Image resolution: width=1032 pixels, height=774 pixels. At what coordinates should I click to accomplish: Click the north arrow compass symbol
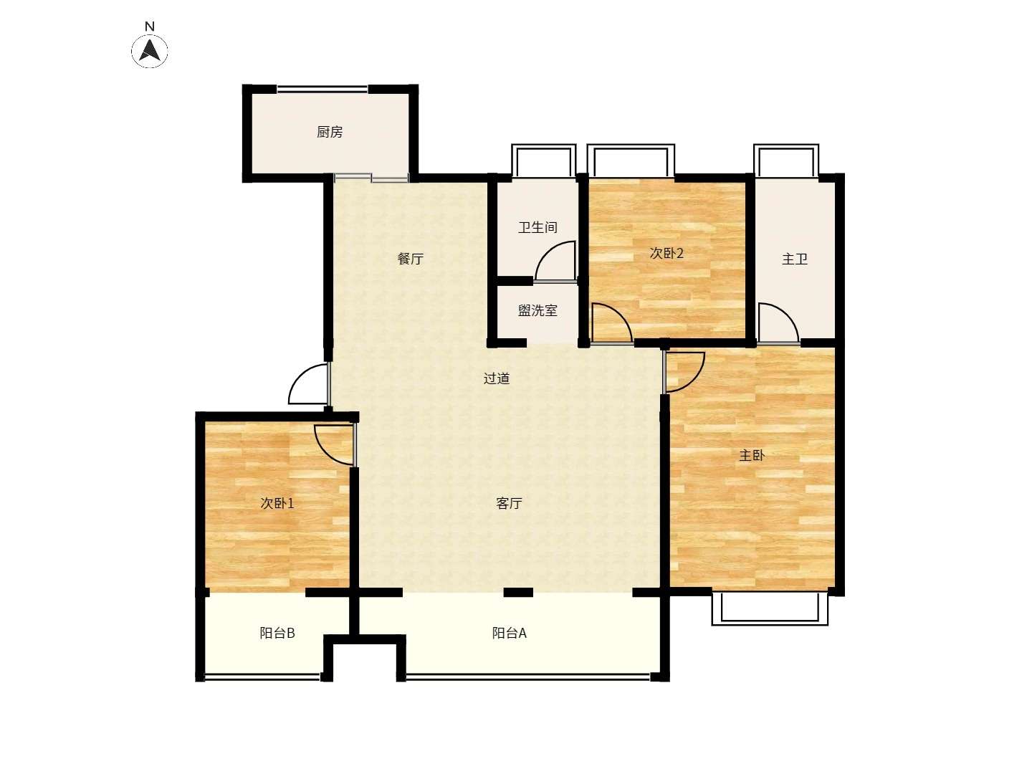(149, 51)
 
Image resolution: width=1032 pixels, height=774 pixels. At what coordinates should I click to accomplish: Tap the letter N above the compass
(150, 27)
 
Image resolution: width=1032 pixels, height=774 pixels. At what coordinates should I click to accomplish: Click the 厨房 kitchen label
(330, 132)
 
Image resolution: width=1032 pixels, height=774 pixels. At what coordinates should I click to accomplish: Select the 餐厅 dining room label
(411, 259)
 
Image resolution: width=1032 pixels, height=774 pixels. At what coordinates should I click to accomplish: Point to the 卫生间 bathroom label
(538, 227)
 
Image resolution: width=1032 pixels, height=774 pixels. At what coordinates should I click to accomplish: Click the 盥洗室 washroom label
(538, 310)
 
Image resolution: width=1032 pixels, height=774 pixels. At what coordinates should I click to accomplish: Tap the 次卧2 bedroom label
(666, 253)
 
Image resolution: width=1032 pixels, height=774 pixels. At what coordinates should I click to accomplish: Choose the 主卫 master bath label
(795, 259)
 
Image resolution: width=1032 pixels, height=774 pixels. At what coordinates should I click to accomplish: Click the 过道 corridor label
(497, 378)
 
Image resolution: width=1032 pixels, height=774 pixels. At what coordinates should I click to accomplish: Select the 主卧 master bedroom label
(752, 455)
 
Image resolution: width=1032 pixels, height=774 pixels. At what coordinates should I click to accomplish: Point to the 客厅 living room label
(509, 503)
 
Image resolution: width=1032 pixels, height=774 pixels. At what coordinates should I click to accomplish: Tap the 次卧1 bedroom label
(277, 503)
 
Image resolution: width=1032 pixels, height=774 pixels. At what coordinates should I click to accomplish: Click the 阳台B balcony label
(277, 633)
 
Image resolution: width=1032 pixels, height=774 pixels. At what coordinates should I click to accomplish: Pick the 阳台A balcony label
(509, 633)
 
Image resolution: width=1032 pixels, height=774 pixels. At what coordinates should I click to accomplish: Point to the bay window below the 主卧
(770, 608)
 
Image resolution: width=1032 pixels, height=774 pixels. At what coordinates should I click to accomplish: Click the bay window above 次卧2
(631, 161)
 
